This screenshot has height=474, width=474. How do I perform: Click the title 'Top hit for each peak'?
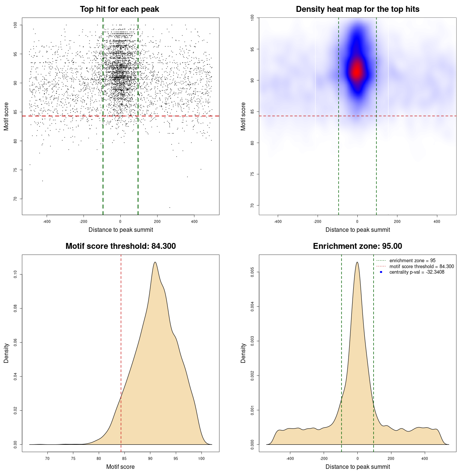120,9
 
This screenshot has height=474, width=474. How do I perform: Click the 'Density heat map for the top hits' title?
357,9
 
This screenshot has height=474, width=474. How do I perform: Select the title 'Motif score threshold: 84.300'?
120,246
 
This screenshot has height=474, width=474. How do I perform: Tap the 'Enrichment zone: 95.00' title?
357,246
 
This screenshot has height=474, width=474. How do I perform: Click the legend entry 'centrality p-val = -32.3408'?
417,272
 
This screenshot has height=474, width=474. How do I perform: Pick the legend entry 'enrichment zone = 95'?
412,261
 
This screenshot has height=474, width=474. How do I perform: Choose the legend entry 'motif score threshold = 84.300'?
421,267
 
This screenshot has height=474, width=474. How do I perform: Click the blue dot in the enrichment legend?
381,272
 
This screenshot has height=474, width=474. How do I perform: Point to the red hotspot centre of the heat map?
357,71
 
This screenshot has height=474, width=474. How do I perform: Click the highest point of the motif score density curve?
155,262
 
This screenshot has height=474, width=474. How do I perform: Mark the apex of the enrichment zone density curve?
357,262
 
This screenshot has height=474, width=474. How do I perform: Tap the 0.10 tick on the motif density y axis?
15,274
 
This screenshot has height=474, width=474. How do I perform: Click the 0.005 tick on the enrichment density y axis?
252,273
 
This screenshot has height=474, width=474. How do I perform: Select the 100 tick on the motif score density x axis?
201,458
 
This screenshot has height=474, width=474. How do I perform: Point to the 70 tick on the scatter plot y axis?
15,199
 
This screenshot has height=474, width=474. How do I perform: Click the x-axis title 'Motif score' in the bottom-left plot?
120,467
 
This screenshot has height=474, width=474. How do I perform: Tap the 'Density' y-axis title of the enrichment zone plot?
243,353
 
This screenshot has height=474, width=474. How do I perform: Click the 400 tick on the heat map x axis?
437,221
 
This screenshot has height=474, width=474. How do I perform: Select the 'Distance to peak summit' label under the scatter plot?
121,230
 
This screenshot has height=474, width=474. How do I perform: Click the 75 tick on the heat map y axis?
252,174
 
